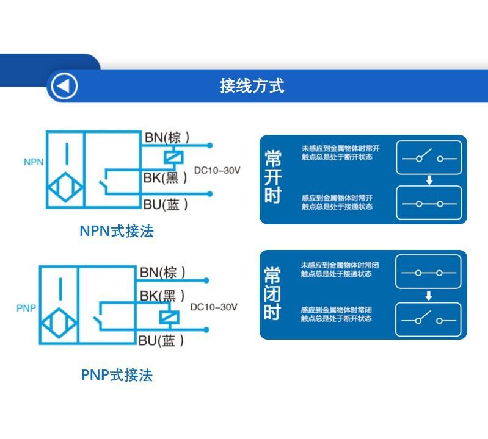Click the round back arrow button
(64, 86)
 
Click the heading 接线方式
(252, 86)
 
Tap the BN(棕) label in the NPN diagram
(166, 137)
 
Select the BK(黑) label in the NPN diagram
(165, 177)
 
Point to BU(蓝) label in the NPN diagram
(166, 205)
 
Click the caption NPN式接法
(117, 231)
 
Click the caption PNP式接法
(117, 375)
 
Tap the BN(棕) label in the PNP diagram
(162, 272)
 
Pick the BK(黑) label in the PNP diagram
(162, 296)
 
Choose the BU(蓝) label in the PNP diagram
(162, 340)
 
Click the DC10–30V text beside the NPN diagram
(217, 170)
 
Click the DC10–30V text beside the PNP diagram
(214, 307)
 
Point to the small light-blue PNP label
(26, 308)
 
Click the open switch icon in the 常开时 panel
(429, 157)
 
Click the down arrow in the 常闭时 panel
(429, 296)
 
